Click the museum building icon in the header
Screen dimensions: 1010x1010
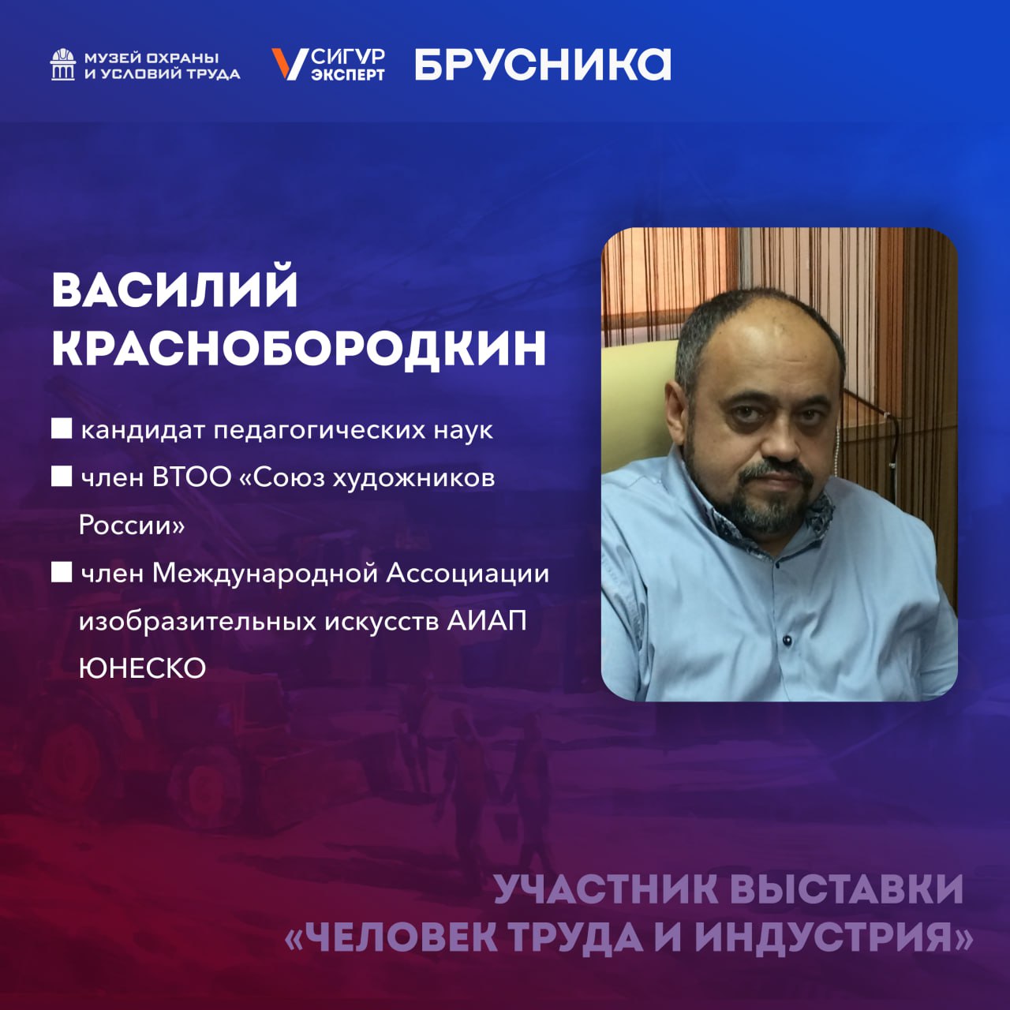pyautogui.click(x=63, y=65)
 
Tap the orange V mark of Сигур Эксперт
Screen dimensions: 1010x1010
pyautogui.click(x=289, y=64)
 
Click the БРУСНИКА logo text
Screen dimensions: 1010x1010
pyautogui.click(x=543, y=64)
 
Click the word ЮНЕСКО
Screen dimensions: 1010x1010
pyautogui.click(x=143, y=668)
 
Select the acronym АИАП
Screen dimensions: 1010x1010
pyautogui.click(x=486, y=621)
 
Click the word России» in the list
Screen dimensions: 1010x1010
pyautogui.click(x=132, y=526)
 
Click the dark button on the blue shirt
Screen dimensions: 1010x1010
pyautogui.click(x=787, y=638)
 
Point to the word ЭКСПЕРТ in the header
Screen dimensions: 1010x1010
pyautogui.click(x=347, y=75)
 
